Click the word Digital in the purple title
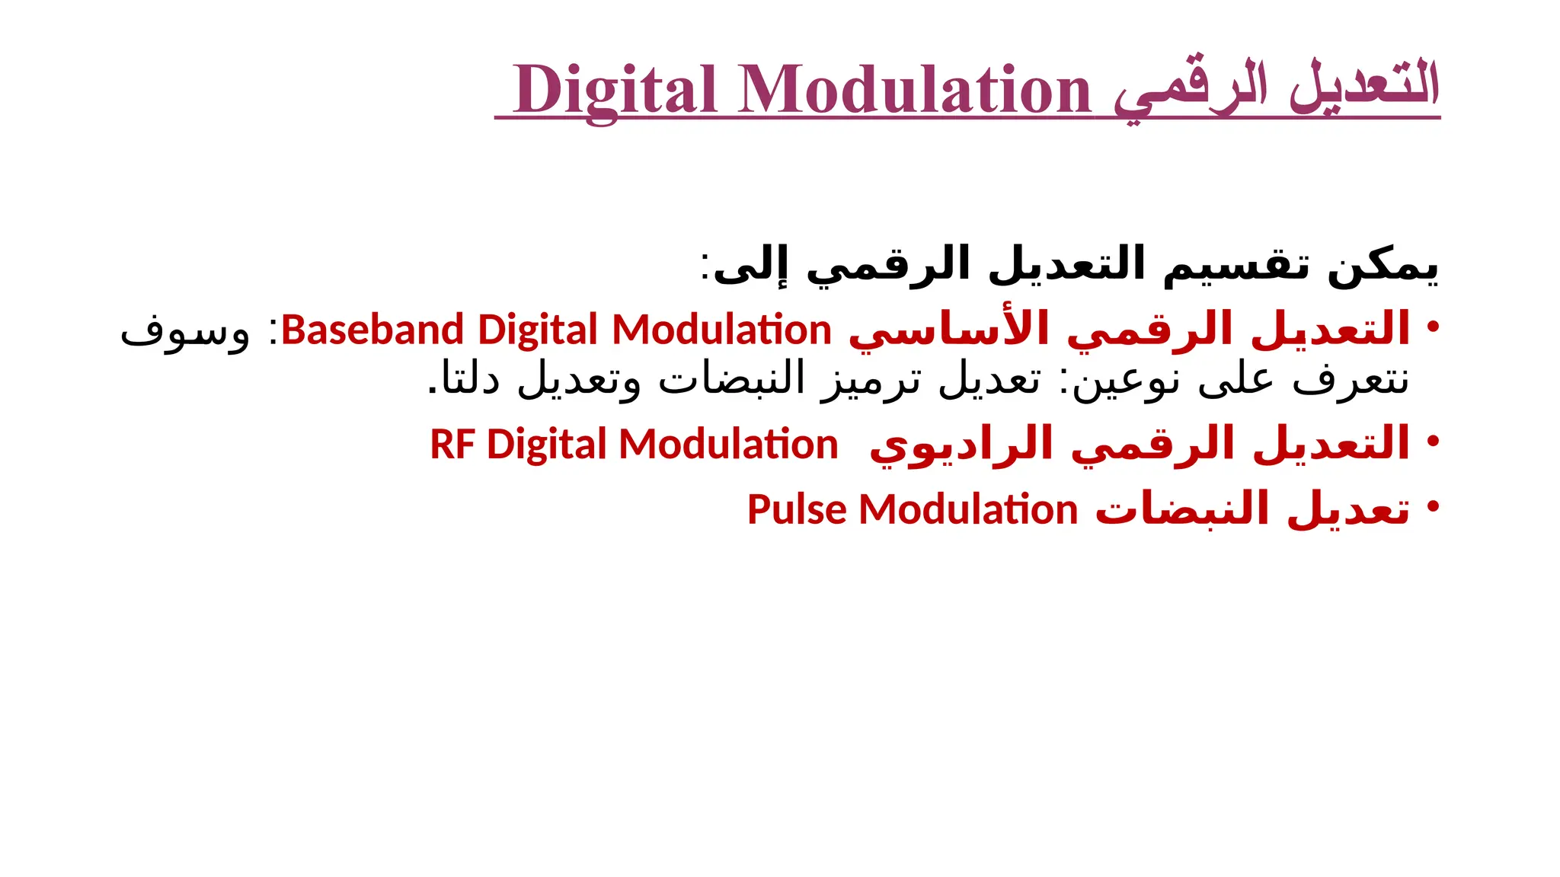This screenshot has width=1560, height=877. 615,90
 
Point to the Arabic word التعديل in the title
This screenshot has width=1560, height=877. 1363,85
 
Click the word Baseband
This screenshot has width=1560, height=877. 372,330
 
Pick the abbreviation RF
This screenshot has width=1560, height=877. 452,445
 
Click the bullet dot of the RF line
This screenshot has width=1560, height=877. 1433,441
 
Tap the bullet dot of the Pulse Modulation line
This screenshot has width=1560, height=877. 1433,505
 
